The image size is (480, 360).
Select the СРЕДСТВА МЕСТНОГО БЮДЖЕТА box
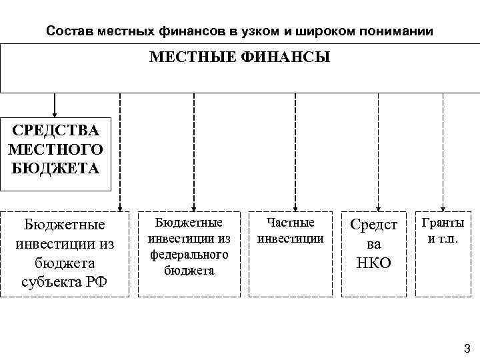click(55, 149)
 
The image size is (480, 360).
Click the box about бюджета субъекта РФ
click(65, 253)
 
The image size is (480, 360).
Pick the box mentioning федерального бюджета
click(189, 246)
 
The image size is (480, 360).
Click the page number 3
click(466, 347)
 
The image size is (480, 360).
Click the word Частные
click(290, 222)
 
